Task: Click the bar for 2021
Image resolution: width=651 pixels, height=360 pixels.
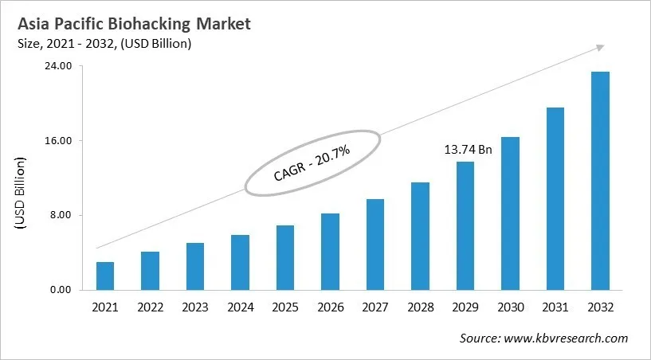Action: click(x=105, y=276)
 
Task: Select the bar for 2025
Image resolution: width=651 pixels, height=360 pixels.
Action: click(x=285, y=257)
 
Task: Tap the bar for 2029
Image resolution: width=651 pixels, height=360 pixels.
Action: click(x=465, y=225)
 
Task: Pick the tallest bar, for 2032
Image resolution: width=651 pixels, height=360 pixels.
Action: click(x=600, y=181)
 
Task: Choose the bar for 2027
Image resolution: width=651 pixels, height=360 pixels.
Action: click(x=375, y=244)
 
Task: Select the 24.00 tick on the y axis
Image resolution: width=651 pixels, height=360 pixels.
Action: click(x=60, y=66)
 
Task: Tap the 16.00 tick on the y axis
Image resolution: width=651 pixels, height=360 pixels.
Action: click(x=60, y=141)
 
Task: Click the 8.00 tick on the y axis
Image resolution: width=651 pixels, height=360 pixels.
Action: click(x=62, y=215)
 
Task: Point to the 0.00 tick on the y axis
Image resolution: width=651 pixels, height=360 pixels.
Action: click(x=62, y=290)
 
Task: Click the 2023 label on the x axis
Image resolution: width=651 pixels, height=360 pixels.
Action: click(x=194, y=307)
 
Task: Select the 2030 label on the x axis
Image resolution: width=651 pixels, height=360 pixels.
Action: click(x=510, y=307)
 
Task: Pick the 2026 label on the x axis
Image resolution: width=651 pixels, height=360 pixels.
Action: click(x=330, y=307)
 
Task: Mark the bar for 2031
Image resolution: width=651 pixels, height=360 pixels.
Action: click(x=555, y=198)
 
